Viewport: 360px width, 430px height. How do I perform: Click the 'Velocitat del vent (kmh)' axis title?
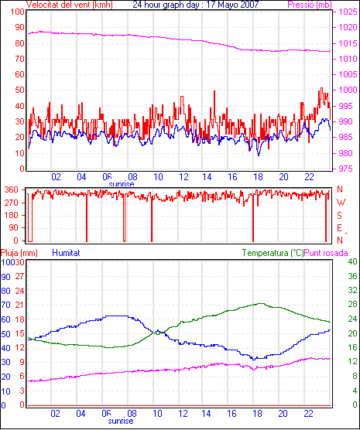point(70,5)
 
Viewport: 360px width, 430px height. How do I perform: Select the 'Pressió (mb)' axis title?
point(310,5)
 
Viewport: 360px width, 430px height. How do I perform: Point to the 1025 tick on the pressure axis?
point(348,12)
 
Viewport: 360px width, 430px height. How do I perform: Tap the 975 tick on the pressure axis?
point(345,169)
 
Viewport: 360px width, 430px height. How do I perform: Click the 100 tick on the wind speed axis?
point(17,12)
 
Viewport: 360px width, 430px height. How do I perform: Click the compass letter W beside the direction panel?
point(341,203)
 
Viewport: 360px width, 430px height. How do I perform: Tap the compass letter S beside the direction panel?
point(339,216)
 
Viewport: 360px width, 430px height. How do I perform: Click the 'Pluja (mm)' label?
point(19,253)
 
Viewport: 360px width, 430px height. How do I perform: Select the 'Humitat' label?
point(66,253)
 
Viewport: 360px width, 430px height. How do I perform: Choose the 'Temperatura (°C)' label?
point(273,253)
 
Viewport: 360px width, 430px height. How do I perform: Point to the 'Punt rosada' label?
point(326,253)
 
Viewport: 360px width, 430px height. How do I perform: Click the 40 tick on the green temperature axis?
point(352,261)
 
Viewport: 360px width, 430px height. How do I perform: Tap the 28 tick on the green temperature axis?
point(352,305)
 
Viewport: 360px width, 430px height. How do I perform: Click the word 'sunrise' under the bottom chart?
point(121,421)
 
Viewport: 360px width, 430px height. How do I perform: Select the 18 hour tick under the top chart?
point(259,177)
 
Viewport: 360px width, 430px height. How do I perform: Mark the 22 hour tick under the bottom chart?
point(309,413)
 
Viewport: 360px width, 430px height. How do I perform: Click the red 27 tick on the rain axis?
point(20,276)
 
